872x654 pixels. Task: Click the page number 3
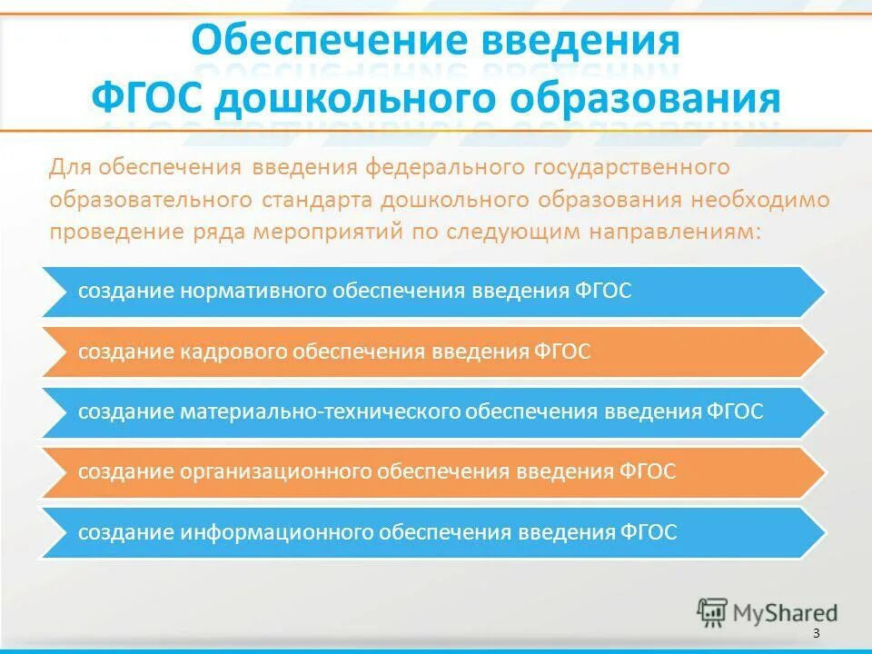pyautogui.click(x=816, y=633)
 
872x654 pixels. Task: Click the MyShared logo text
pyautogui.click(x=787, y=613)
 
